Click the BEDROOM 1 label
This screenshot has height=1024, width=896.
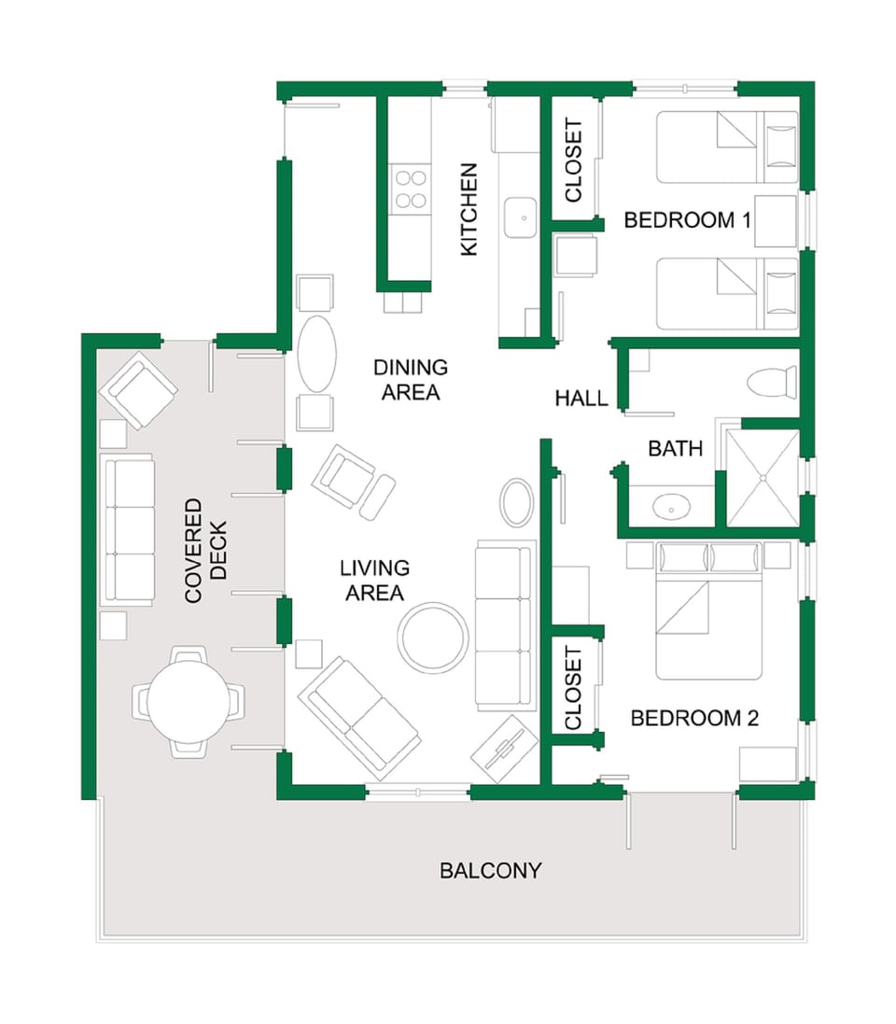[x=687, y=220]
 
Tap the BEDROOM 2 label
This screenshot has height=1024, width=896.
[x=694, y=718]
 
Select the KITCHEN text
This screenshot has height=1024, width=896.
[x=469, y=209]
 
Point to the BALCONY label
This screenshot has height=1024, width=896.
[x=490, y=871]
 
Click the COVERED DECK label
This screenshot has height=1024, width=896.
[x=206, y=551]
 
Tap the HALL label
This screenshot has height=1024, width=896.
[x=581, y=399]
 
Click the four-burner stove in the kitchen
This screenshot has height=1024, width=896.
[x=410, y=189]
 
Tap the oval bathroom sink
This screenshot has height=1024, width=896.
[x=672, y=508]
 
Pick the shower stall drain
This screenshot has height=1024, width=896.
[x=763, y=477]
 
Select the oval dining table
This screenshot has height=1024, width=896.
[x=316, y=355]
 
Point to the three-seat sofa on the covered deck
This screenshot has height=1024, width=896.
[x=128, y=530]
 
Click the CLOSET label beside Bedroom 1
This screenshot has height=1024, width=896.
[x=573, y=160]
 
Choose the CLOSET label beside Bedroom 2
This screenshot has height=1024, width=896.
[x=573, y=689]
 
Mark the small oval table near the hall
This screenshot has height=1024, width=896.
[x=517, y=503]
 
